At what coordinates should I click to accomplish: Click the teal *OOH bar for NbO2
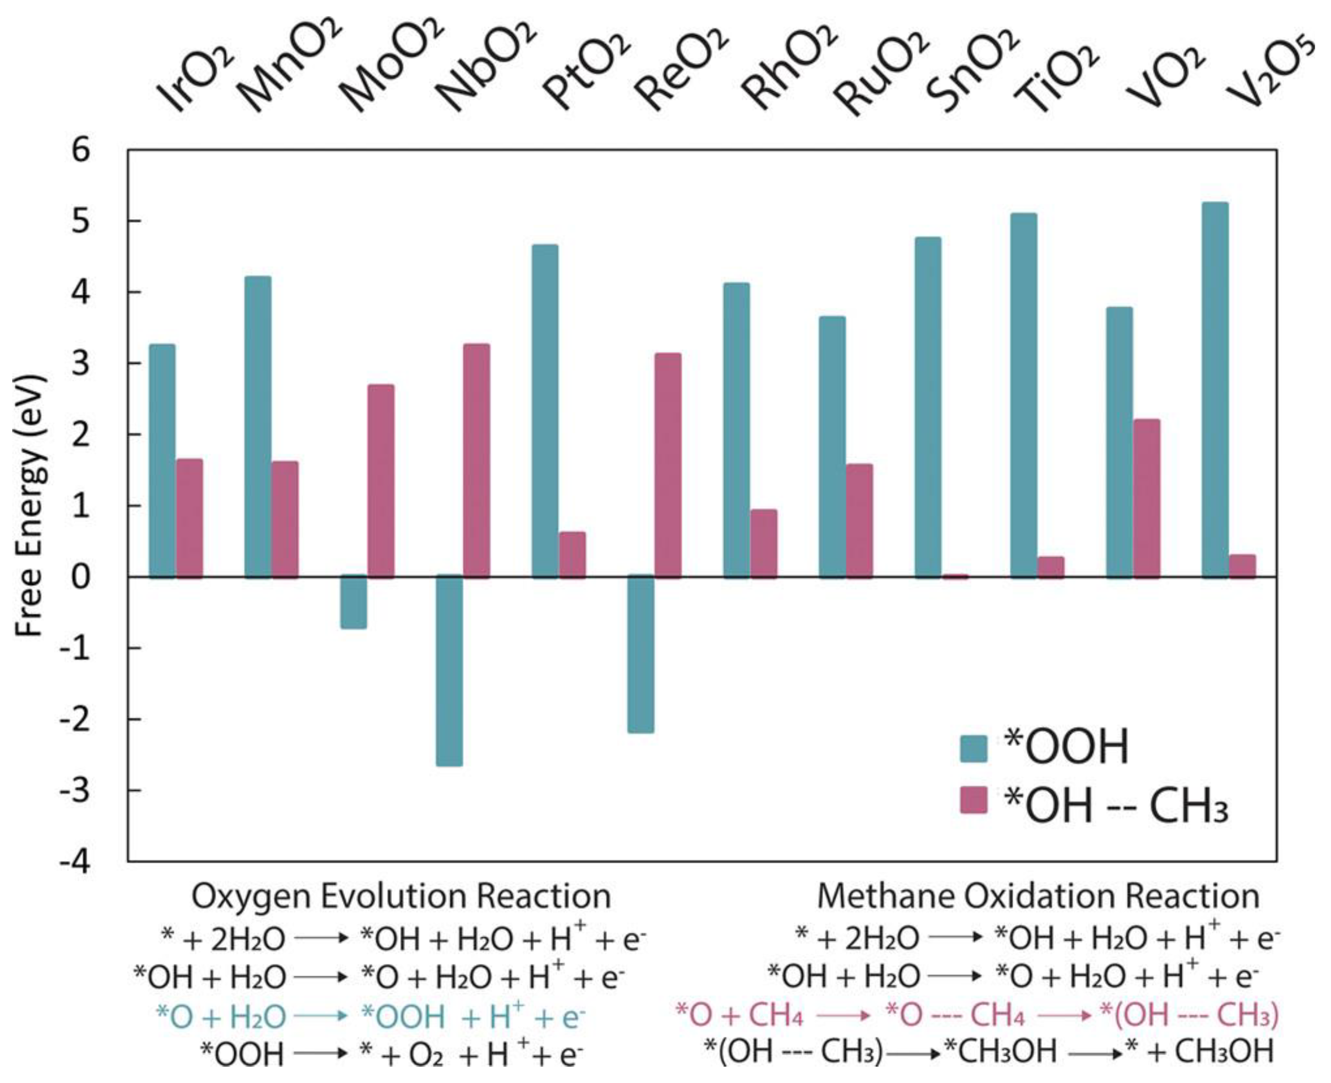(449, 670)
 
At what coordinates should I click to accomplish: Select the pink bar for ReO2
(668, 465)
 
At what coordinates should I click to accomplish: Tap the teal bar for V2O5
(1215, 390)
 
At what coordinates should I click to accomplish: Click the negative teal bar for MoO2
(354, 602)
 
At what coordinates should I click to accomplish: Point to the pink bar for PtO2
(572, 555)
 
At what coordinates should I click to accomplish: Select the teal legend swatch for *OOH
(974, 749)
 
